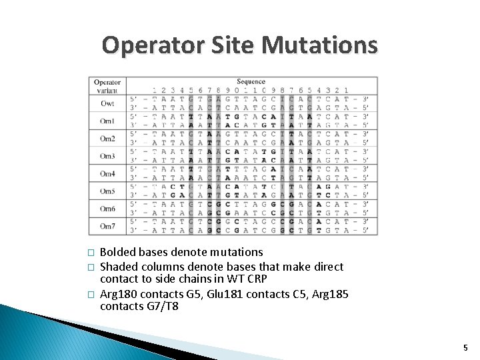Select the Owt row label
pos(107,103)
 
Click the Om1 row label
pos(107,121)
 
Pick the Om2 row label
pos(107,139)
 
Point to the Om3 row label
pos(107,156)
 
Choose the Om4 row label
pos(107,173)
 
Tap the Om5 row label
pos(107,191)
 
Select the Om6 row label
pos(107,209)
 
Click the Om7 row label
pos(107,226)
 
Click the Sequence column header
pos(251,82)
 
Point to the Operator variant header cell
pos(107,86)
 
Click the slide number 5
pos(465,347)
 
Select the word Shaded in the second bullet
pos(119,267)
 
